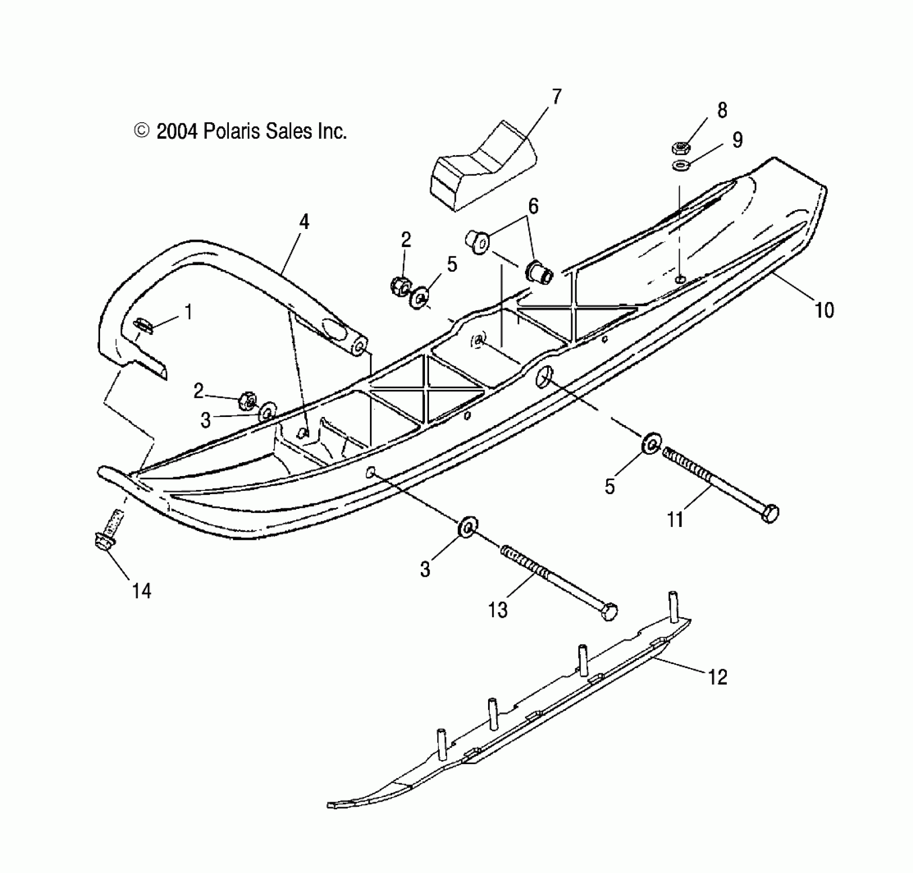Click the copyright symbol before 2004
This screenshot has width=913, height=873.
(141, 131)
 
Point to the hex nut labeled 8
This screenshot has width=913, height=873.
(681, 147)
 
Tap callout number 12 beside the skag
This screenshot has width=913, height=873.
(717, 677)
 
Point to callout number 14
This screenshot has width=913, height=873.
(142, 591)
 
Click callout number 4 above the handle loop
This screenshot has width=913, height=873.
(304, 222)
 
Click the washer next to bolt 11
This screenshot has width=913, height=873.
(651, 444)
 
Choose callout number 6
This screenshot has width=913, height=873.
(533, 206)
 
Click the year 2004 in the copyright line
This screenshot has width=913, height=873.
(177, 132)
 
